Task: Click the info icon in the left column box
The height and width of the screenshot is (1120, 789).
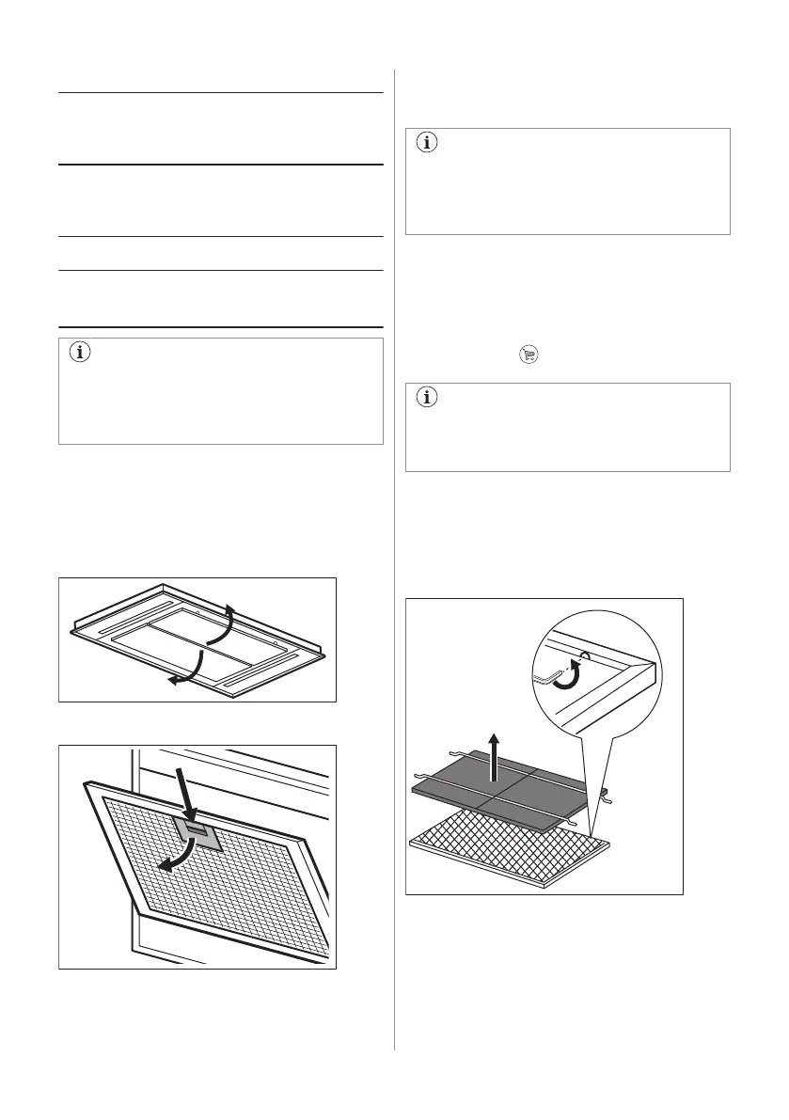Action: [78, 354]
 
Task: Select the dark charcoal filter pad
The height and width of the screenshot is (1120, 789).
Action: [498, 794]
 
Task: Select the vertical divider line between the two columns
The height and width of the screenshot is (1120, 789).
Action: [394, 564]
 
